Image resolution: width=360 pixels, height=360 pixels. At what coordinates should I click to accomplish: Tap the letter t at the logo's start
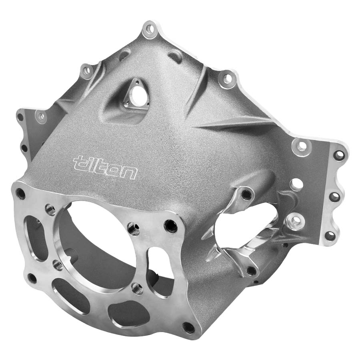pos(79,162)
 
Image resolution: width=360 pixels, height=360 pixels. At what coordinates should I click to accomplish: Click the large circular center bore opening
pos(100,244)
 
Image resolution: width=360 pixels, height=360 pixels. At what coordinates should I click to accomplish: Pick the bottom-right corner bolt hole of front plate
pos(187,327)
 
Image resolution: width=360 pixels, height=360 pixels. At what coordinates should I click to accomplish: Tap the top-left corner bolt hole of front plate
pos(20,194)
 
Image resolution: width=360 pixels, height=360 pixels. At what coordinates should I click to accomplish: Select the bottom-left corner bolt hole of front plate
pos(32,278)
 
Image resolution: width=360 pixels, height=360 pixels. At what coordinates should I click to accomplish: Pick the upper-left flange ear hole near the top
pos(86,71)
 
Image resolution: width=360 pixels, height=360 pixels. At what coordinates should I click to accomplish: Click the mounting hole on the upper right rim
pos(227,78)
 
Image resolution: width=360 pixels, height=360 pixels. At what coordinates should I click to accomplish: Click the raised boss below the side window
pos(251,271)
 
